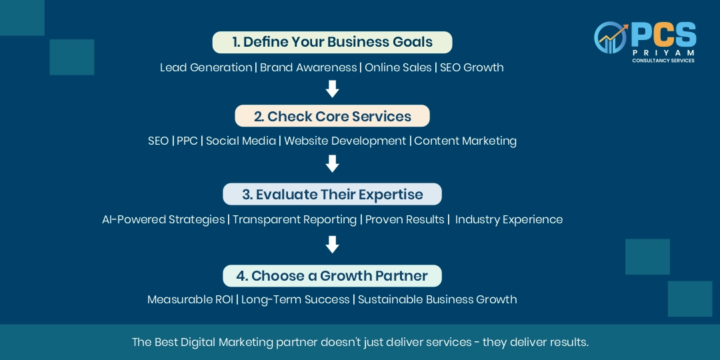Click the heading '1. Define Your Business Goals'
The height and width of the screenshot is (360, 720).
332,42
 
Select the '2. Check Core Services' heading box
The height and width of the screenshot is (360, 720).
332,116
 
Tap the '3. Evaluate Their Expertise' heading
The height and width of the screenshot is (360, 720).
332,194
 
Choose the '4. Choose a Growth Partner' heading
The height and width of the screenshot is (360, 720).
332,276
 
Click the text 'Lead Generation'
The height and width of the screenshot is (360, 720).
206,67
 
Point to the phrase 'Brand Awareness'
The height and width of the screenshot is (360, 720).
308,67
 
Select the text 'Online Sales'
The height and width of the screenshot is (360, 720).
398,67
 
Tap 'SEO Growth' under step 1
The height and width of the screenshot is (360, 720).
471,67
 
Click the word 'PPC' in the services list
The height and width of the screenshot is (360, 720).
187,141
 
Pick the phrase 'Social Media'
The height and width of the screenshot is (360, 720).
241,141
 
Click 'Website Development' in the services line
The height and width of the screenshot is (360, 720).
345,141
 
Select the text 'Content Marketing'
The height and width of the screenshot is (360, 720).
465,141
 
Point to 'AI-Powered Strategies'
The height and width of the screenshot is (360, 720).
163,219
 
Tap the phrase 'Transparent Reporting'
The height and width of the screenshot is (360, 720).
295,219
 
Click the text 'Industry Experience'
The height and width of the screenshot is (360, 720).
509,219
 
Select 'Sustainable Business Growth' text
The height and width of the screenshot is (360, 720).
437,299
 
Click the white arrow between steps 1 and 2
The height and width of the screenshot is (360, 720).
332,89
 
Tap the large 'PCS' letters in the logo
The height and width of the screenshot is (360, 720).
663,36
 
